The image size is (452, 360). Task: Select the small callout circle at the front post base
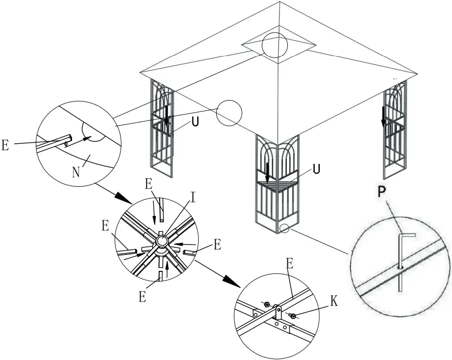pos(284,228)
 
